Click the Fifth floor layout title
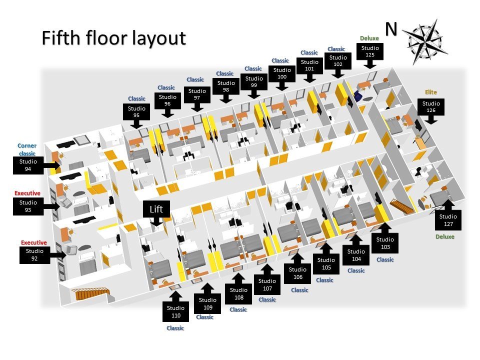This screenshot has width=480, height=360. pyautogui.click(x=113, y=38)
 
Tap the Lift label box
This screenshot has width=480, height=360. pyautogui.click(x=156, y=209)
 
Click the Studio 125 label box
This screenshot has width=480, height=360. pyautogui.click(x=370, y=51)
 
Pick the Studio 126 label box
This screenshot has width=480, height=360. pyautogui.click(x=431, y=107)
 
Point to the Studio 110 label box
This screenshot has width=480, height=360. pyautogui.click(x=175, y=311)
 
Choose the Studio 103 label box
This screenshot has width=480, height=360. pyautogui.click(x=385, y=243)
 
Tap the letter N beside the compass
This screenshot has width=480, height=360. pyautogui.click(x=390, y=29)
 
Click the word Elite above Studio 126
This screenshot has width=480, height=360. pyautogui.click(x=431, y=92)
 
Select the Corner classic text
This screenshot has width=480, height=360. pyautogui.click(x=27, y=149)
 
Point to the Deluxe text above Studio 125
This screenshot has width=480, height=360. pyautogui.click(x=369, y=38)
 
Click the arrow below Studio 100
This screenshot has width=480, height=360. pyautogui.click(x=282, y=85)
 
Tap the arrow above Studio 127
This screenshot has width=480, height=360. pyautogui.click(x=447, y=204)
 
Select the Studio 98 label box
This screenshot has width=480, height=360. pyautogui.click(x=226, y=86)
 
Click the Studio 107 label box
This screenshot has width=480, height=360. pyautogui.click(x=267, y=284)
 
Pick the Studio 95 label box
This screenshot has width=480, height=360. pyautogui.click(x=136, y=112)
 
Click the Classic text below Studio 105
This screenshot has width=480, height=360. pyautogui.click(x=325, y=280)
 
